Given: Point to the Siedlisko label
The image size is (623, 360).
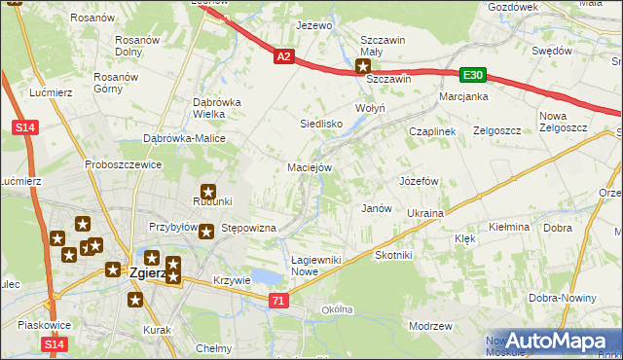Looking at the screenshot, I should (320, 124).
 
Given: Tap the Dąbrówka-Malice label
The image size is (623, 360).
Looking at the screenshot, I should (184, 138).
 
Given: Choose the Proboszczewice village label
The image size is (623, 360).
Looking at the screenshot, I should (122, 164).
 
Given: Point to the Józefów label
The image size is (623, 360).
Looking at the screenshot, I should (420, 181).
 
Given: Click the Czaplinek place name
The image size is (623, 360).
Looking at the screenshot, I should (432, 130).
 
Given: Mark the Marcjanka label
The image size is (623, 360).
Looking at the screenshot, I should (462, 97).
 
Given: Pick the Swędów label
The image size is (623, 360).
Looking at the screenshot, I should (550, 51).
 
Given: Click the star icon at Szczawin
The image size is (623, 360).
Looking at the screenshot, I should (363, 67).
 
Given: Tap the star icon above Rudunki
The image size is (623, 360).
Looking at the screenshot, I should (208, 192).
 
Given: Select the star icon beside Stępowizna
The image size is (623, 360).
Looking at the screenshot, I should (207, 230).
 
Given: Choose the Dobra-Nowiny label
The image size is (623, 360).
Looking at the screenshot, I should (562, 298).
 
